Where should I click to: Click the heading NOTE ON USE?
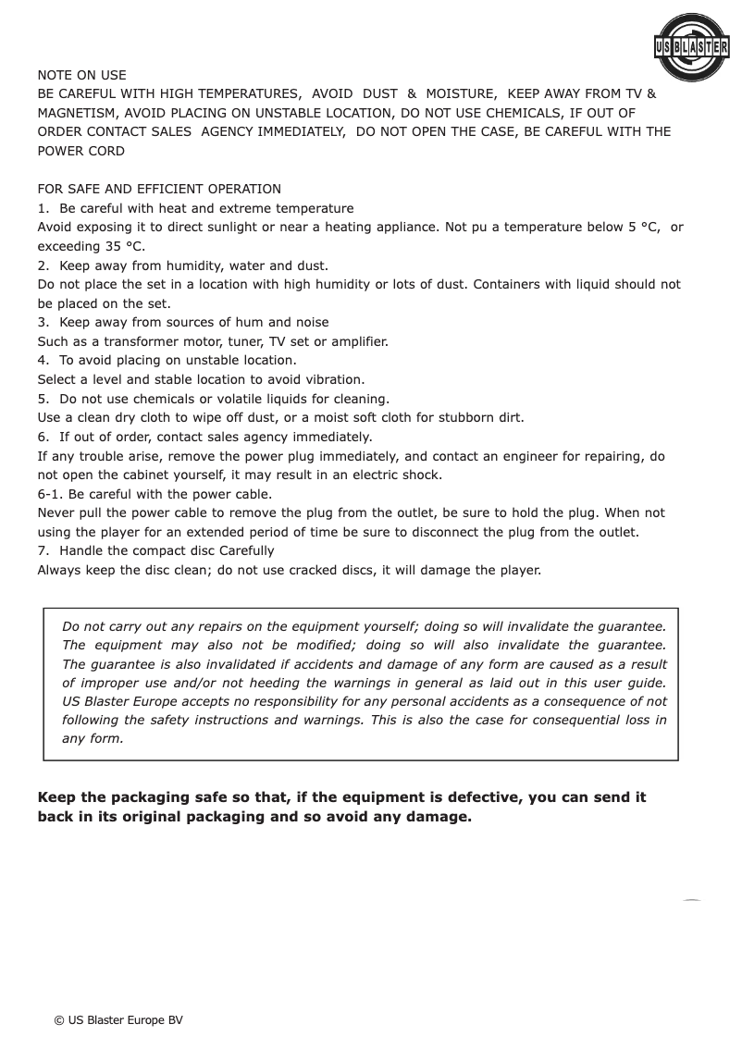(81, 75)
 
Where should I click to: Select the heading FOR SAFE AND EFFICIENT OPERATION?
(159, 190)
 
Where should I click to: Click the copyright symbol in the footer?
(59, 1019)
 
